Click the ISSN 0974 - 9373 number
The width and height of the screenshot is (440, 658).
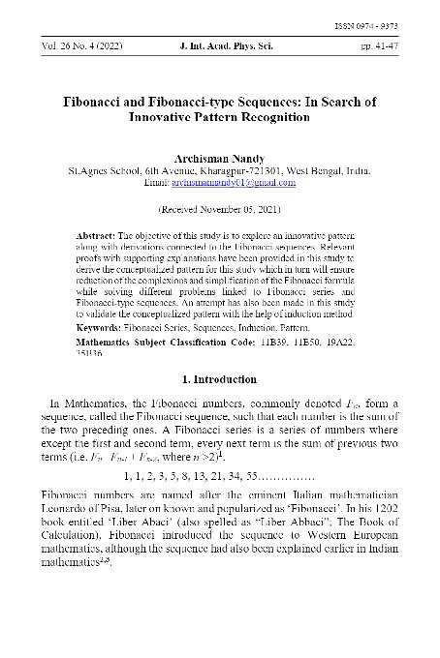[x=393, y=26]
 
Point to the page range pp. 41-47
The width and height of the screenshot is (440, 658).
[x=393, y=45]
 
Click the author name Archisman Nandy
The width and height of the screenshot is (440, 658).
[x=219, y=154]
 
